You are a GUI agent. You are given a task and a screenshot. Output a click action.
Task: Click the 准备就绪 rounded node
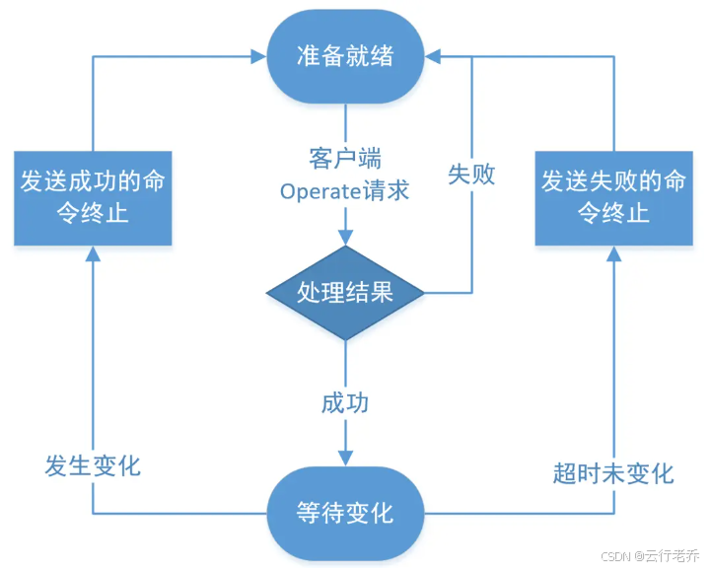[345, 55]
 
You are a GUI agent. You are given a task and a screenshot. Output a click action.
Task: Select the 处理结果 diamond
[345, 292]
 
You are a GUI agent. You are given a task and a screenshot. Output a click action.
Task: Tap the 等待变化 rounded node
[345, 513]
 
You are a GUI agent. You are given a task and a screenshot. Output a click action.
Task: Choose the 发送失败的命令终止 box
[611, 196]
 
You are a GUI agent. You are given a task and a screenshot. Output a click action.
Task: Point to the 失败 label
[471, 176]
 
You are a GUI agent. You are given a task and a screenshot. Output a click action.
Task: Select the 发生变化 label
[93, 465]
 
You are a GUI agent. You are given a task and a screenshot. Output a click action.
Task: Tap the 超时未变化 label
[612, 473]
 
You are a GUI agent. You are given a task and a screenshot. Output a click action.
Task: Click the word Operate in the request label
[317, 190]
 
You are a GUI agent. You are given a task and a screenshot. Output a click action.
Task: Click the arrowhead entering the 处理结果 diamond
[345, 239]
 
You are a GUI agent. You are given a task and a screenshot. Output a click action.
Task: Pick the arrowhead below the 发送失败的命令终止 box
[612, 252]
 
